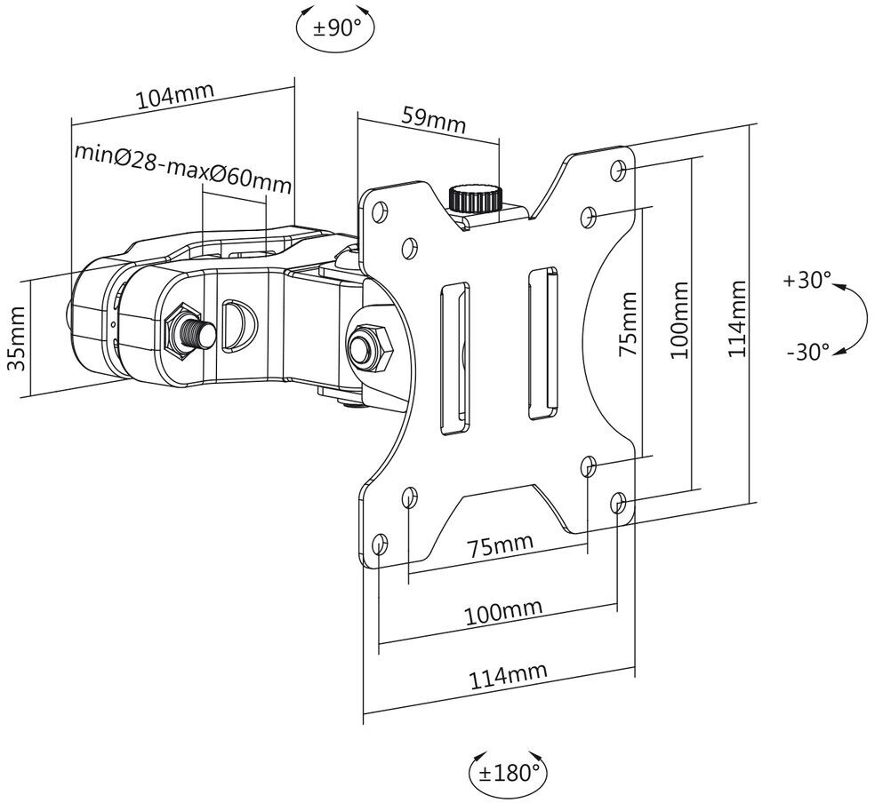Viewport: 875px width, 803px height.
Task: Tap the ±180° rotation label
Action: point(508,772)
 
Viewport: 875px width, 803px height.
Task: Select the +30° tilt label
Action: point(807,280)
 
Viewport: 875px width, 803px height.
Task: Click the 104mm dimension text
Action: point(175,97)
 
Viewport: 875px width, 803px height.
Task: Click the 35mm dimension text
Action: point(16,338)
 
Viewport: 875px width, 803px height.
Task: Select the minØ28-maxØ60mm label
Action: point(183,168)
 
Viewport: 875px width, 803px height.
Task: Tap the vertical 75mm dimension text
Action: point(628,324)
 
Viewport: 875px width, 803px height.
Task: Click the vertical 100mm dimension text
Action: point(680,321)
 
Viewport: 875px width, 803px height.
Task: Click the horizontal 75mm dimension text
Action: point(500,545)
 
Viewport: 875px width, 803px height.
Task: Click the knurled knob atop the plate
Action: point(476,198)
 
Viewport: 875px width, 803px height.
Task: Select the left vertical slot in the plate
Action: point(454,358)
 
